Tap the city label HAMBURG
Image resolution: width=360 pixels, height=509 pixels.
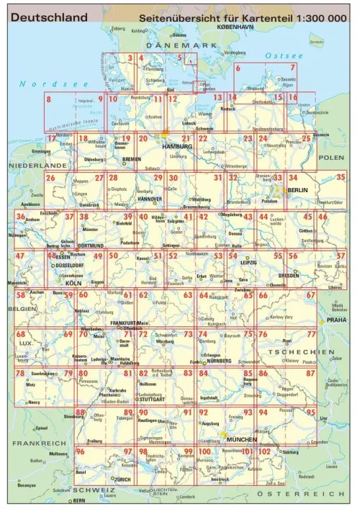[179, 146]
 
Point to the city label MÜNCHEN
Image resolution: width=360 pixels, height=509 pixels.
[241, 438]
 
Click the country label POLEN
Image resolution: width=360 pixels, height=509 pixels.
[333, 157]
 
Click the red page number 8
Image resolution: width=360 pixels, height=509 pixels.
[49, 99]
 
